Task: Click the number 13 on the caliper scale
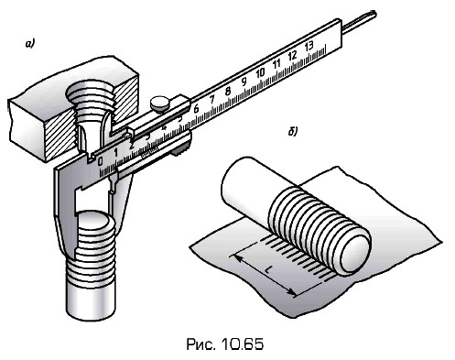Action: click(x=309, y=46)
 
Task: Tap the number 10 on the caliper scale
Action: click(x=260, y=72)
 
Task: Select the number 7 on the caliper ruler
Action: click(x=212, y=99)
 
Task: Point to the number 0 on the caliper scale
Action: click(x=100, y=161)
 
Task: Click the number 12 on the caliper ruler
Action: click(x=292, y=55)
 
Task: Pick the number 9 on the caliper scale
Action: click(x=244, y=82)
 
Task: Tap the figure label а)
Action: click(x=30, y=44)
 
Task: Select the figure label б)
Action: click(x=293, y=131)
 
